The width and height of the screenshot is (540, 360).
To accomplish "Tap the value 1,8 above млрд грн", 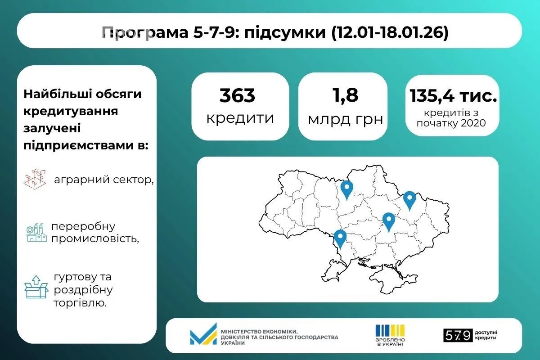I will [345, 95].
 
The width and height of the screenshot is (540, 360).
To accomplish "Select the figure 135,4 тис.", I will [453, 96].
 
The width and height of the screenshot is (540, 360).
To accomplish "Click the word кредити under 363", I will [240, 118].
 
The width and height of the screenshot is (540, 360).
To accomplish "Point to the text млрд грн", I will [345, 119].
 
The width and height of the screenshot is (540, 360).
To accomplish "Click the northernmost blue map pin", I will [346, 189].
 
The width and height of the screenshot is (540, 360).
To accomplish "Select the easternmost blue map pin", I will [409, 199].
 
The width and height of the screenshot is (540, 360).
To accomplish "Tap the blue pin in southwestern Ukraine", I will [340, 238].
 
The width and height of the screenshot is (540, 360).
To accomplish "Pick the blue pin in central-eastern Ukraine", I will [389, 221].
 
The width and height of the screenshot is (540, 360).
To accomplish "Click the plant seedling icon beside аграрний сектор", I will [35, 179].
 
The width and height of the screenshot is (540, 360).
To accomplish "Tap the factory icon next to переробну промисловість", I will [36, 232].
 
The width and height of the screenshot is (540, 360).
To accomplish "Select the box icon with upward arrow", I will [36, 287].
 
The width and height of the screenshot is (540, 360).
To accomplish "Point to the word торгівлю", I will [80, 303].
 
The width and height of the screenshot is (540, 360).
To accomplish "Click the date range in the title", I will [390, 33].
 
